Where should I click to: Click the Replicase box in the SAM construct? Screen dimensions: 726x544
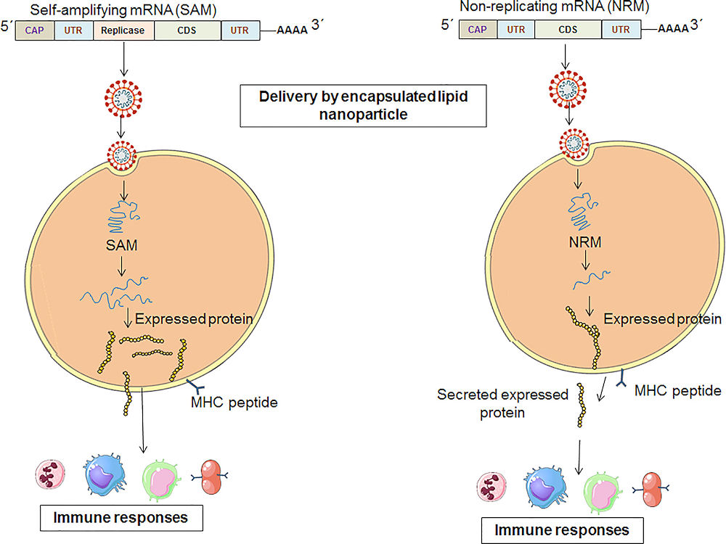pyautogui.click(x=123, y=30)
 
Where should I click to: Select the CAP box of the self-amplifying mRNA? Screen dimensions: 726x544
pyautogui.click(x=35, y=30)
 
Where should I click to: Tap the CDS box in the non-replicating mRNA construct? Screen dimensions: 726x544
pyautogui.click(x=568, y=29)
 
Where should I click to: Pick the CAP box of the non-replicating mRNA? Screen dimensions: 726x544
pyautogui.click(x=478, y=29)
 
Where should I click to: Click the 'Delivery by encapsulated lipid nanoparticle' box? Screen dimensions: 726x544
pyautogui.click(x=363, y=105)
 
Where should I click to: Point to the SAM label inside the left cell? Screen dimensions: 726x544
pyautogui.click(x=121, y=244)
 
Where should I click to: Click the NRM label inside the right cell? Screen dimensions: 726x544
pyautogui.click(x=585, y=242)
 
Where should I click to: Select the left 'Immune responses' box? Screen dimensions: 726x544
pyautogui.click(x=121, y=518)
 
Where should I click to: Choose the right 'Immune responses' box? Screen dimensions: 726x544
pyautogui.click(x=562, y=530)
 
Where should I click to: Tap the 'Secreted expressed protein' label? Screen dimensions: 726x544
pyautogui.click(x=502, y=403)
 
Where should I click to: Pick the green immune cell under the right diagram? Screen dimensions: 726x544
pyautogui.click(x=601, y=493)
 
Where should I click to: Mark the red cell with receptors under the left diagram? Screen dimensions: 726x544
pyautogui.click(x=211, y=477)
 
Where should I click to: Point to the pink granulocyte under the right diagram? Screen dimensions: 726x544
pyautogui.click(x=492, y=487)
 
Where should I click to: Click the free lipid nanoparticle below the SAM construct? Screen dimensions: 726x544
pyautogui.click(x=123, y=98)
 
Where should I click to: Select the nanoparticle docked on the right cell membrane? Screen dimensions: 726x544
pyautogui.click(x=574, y=144)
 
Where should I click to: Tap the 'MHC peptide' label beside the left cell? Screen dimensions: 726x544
pyautogui.click(x=234, y=403)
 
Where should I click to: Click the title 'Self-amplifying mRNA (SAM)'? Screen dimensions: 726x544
pyautogui.click(x=123, y=9)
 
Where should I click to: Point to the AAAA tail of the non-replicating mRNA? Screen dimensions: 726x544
pyautogui.click(x=673, y=29)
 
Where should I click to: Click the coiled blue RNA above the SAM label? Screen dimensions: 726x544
pyautogui.click(x=123, y=216)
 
